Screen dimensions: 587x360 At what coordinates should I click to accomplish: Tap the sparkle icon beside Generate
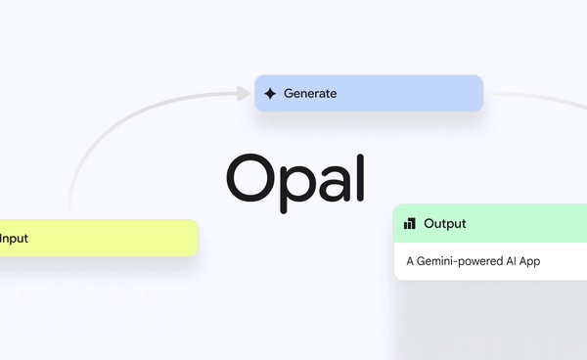(271, 94)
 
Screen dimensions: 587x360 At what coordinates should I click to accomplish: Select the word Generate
(310, 94)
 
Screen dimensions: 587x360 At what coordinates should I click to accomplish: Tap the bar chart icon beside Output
(410, 224)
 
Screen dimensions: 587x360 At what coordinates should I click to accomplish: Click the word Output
(445, 224)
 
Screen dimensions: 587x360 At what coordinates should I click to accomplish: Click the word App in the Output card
(529, 261)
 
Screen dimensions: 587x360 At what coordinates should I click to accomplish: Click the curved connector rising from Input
(98, 137)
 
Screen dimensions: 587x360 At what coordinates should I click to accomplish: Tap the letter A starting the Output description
(411, 261)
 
